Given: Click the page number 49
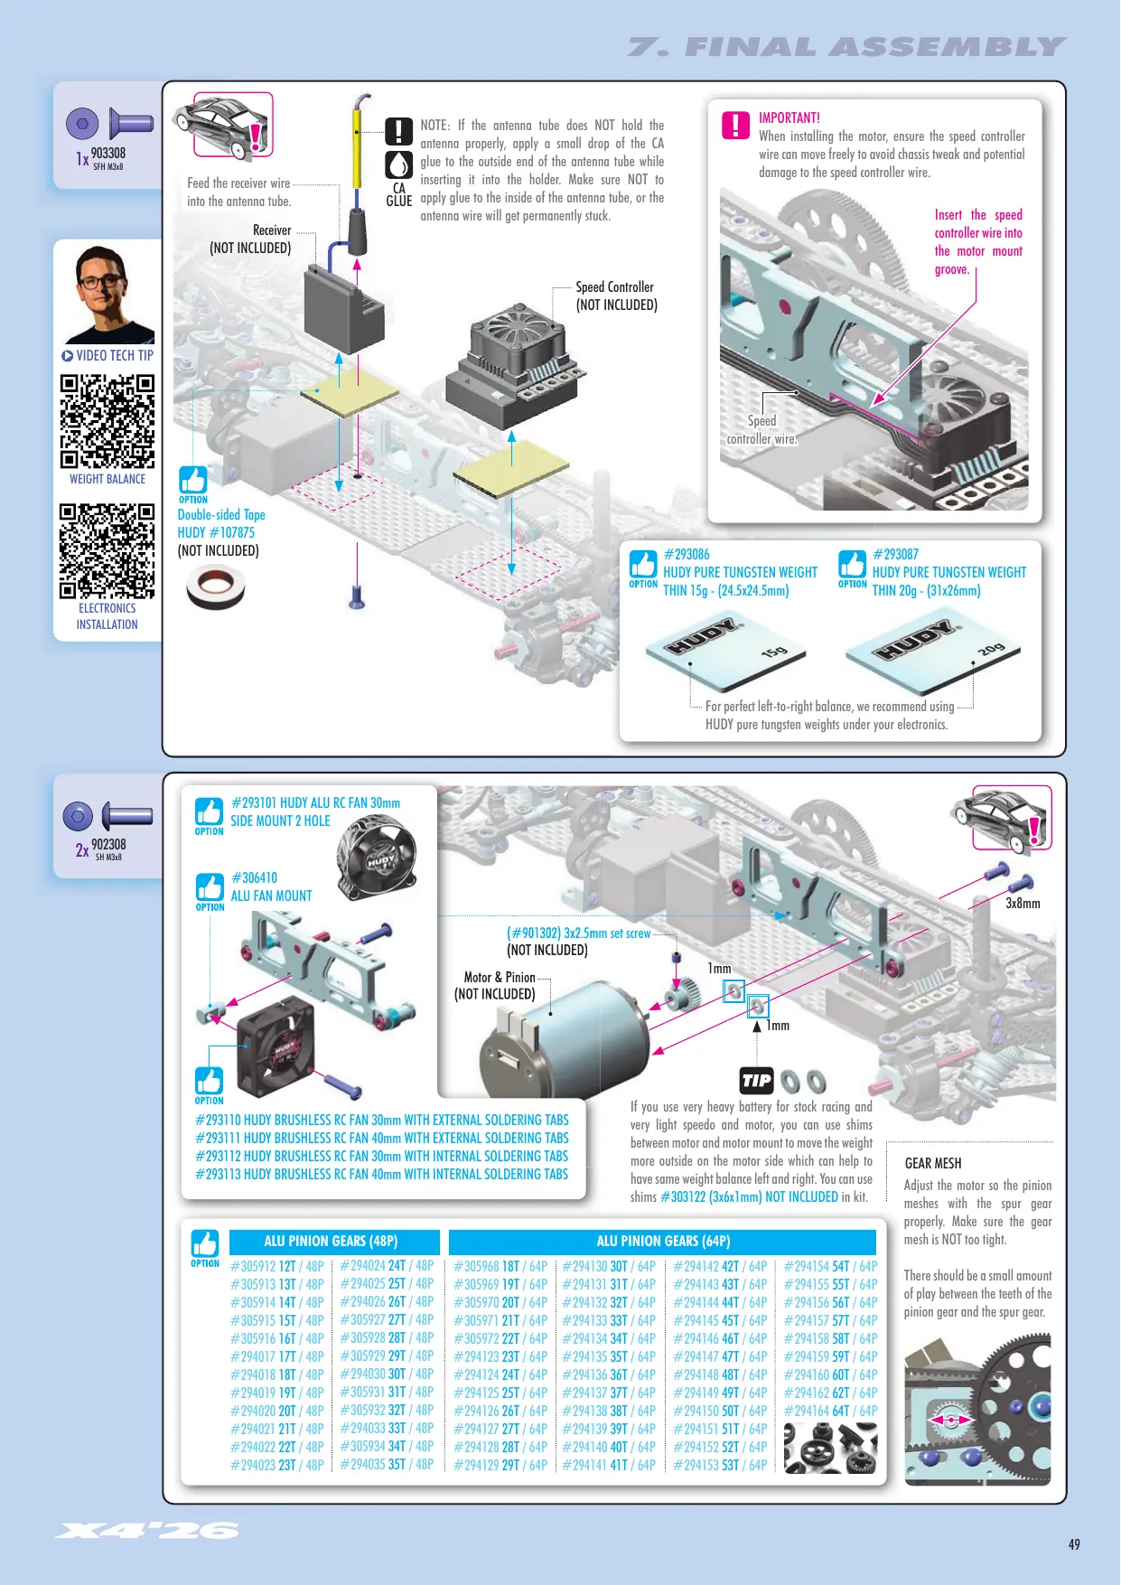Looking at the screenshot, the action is coord(1074,1544).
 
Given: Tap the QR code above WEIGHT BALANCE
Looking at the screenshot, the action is coord(107,421).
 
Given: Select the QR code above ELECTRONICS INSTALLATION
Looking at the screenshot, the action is coord(107,551).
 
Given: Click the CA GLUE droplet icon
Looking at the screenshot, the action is coord(399,164).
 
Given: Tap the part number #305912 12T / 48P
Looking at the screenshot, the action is coord(277,1266).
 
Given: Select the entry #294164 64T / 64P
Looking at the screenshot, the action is coord(830,1411).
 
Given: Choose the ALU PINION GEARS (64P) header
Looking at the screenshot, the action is coord(663,1242).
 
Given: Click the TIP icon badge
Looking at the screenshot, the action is coord(756,1081).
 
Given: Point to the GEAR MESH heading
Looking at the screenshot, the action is coord(933,1163).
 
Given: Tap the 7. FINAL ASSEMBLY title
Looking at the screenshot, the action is coord(846,47).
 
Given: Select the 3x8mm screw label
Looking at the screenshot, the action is coord(1023,903).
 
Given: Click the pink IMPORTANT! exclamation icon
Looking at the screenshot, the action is coord(736,125).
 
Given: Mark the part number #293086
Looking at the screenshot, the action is coord(687,554).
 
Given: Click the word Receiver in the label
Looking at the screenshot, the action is coord(272,230).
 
